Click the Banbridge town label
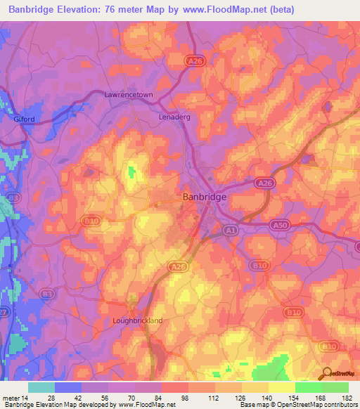pyautogui.click(x=205, y=197)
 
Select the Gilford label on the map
pyautogui.click(x=24, y=119)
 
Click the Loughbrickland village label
pyautogui.click(x=138, y=320)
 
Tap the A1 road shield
pyautogui.click(x=231, y=230)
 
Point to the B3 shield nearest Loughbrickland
pyautogui.click(x=48, y=293)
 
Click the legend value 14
pyautogui.click(x=25, y=397)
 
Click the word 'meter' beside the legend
pyautogui.click(x=10, y=397)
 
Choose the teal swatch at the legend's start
pyautogui.click(x=41, y=387)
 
